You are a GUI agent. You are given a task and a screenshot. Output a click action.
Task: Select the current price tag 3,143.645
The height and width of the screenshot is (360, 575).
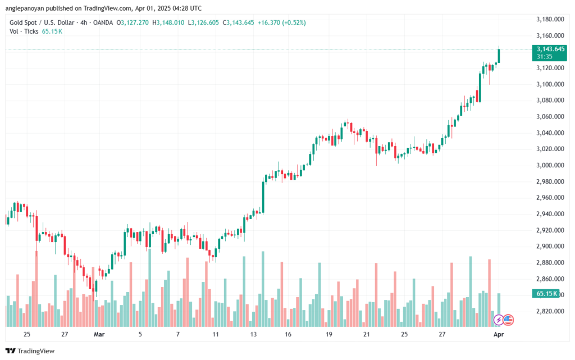pos(550,49)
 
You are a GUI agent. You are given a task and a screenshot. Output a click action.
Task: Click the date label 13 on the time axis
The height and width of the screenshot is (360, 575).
pos(254,334)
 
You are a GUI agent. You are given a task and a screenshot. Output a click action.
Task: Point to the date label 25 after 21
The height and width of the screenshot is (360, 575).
pos(404,334)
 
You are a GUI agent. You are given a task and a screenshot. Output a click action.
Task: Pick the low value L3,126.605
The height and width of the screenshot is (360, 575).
pos(204,22)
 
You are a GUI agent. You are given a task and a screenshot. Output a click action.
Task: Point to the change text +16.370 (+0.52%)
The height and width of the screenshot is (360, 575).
pos(282,22)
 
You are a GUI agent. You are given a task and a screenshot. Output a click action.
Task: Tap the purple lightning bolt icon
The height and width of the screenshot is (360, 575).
pos(498,320)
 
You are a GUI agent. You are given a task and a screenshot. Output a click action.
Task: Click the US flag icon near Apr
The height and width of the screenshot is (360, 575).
pos(508,320)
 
